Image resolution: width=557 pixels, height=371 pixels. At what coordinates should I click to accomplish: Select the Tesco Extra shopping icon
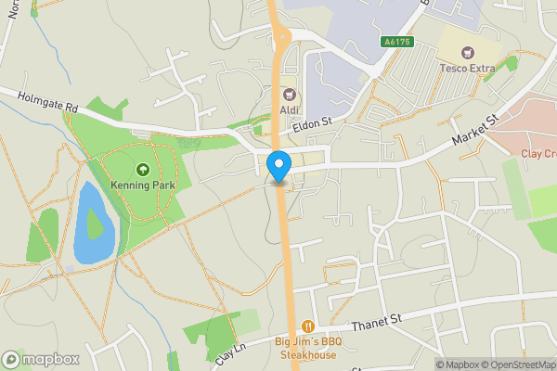[x=468, y=52]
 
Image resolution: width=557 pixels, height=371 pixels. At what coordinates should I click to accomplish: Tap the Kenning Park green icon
[x=142, y=170]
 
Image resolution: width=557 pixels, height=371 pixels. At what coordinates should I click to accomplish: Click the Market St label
[x=475, y=130]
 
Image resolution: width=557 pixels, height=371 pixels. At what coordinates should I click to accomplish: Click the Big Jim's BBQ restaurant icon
[x=308, y=326]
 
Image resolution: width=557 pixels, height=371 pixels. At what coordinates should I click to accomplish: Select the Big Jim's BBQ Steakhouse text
[x=308, y=347]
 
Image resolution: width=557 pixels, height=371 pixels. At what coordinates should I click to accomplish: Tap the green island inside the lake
[x=95, y=224]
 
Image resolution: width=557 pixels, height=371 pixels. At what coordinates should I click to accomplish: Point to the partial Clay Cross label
[x=538, y=154]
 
